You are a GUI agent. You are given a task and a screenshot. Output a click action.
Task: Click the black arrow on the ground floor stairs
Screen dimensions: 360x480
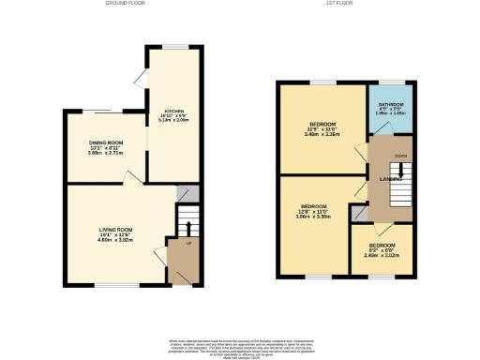[x=187, y=227]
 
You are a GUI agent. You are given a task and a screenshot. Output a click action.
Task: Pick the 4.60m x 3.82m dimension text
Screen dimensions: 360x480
[x=117, y=240]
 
